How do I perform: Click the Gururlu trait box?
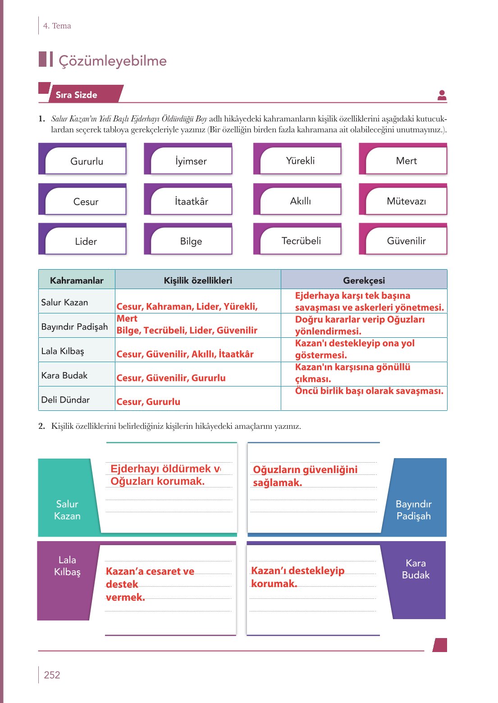pos(82,159)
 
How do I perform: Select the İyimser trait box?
pos(188,159)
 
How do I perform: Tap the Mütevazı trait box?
pos(403,199)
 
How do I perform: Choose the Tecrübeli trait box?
pos(297,239)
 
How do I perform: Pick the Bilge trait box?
pos(188,239)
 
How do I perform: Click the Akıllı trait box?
pos(297,199)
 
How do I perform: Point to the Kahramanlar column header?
pos(77,280)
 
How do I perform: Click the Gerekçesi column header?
pos(364,280)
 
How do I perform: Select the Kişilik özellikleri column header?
pos(198,280)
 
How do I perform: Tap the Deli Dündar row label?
pos(65,400)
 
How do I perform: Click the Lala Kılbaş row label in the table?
pos(62,351)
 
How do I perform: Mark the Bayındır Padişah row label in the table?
pos(74,327)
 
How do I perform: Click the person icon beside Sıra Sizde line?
pos(442,95)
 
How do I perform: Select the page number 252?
pos(52,675)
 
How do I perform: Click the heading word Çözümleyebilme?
pos(113,60)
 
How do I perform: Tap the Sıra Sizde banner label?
pos(76,95)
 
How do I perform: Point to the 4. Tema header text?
pos(57,26)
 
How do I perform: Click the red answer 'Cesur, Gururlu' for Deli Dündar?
pos(148,402)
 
